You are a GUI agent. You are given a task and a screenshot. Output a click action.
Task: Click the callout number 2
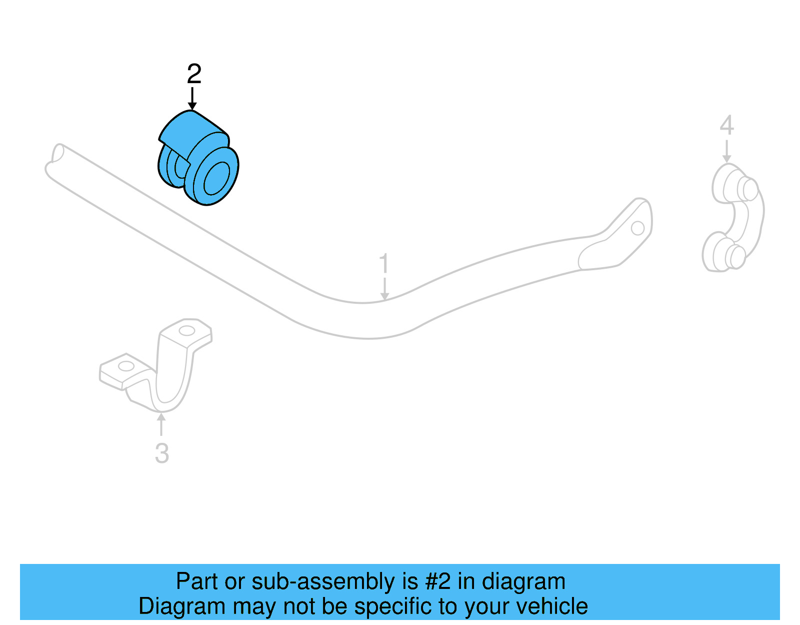(x=194, y=75)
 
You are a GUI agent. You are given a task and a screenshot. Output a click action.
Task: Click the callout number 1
(x=383, y=264)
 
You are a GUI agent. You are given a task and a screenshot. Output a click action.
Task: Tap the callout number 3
(x=161, y=453)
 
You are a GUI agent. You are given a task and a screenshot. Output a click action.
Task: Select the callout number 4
(x=726, y=125)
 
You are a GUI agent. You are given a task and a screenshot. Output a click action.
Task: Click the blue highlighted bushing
(x=200, y=158)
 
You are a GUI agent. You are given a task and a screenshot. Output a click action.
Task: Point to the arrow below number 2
(x=192, y=99)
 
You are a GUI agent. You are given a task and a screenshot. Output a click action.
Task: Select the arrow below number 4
(x=727, y=151)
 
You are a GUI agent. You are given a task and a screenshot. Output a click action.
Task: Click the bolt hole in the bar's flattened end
(x=637, y=228)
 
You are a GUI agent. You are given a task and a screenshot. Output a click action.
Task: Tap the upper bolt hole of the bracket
(x=186, y=331)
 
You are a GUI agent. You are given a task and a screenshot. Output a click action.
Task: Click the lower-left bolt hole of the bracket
(x=126, y=366)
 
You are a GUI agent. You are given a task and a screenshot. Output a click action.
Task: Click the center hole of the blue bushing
(x=216, y=178)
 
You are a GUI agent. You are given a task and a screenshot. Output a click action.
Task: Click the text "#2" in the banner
(x=438, y=581)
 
